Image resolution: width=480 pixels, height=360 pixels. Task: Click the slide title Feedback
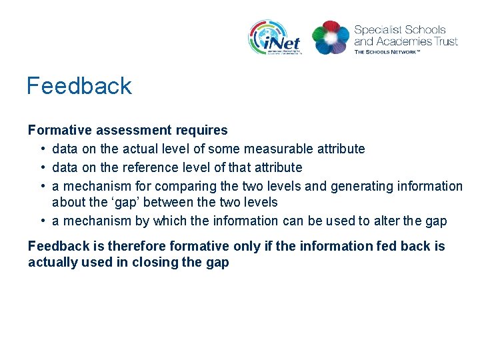tap(79, 86)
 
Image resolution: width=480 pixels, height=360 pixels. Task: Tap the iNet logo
tap(275, 37)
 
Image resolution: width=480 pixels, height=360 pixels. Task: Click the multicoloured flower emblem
tap(331, 37)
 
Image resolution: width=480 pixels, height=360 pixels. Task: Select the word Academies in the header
tap(402, 41)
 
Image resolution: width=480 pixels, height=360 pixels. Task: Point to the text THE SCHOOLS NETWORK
tap(387, 51)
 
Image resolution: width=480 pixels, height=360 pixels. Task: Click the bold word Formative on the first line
tap(56, 130)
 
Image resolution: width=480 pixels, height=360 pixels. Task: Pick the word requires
tap(201, 130)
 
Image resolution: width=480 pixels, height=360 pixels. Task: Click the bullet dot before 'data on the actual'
tap(42, 149)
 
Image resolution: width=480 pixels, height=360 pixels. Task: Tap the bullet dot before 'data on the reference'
tap(42, 167)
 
